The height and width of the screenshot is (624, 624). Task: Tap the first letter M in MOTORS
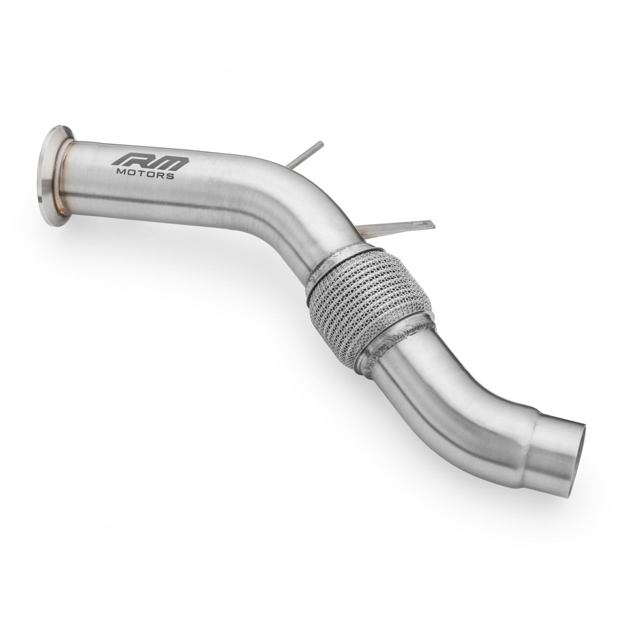coord(122,173)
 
